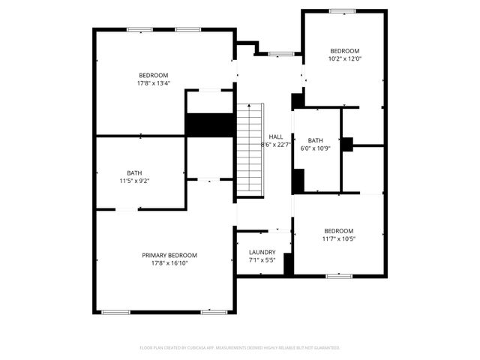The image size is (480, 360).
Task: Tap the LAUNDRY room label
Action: (x=262, y=252)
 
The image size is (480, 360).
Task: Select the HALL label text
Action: (x=275, y=136)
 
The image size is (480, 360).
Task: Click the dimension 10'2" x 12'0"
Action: (x=345, y=58)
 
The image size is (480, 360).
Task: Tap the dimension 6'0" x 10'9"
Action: (x=315, y=148)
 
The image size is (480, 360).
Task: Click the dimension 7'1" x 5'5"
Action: (x=262, y=260)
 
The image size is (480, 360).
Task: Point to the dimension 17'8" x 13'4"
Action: (x=153, y=83)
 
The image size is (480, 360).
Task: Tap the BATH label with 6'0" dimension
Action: (x=315, y=140)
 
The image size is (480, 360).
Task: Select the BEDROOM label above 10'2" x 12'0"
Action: (x=345, y=50)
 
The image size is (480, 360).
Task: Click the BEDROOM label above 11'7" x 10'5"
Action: (x=338, y=230)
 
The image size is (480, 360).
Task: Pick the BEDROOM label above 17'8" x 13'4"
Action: (x=153, y=75)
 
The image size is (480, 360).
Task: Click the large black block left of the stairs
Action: (x=210, y=124)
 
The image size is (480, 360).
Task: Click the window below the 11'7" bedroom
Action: (x=339, y=276)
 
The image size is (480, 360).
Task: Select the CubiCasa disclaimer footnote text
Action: (x=240, y=348)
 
